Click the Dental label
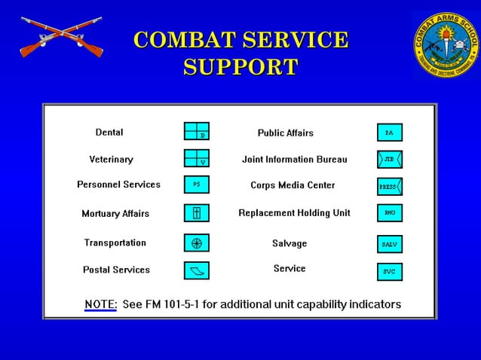[x=109, y=133]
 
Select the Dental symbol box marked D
[x=197, y=131]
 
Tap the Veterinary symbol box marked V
[x=197, y=158]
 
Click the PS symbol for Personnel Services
[x=197, y=185]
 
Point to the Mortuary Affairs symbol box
[x=197, y=213]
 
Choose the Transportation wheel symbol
[x=197, y=243]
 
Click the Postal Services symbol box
[x=197, y=270]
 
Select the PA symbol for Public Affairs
[x=390, y=133]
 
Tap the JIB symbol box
[x=390, y=160]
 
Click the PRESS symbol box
[x=390, y=187]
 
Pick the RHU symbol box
[x=390, y=213]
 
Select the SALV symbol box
[x=390, y=244]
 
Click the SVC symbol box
[x=390, y=271]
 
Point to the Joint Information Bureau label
[x=294, y=160]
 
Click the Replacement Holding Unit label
[x=294, y=213]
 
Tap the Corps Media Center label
[x=293, y=185]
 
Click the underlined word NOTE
[x=100, y=304]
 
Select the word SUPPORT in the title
[x=240, y=67]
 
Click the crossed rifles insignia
[x=61, y=38]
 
